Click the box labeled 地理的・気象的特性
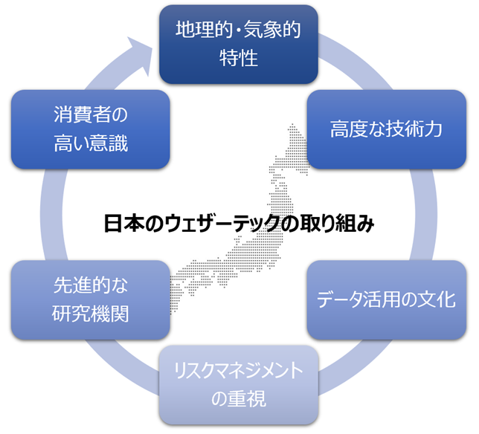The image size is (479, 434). tap(239, 44)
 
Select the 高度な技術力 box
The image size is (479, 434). tap(386, 129)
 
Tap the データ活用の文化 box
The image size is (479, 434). tap(386, 299)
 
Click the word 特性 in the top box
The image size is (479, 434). tap(239, 57)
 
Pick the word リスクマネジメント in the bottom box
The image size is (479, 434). tap(239, 370)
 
